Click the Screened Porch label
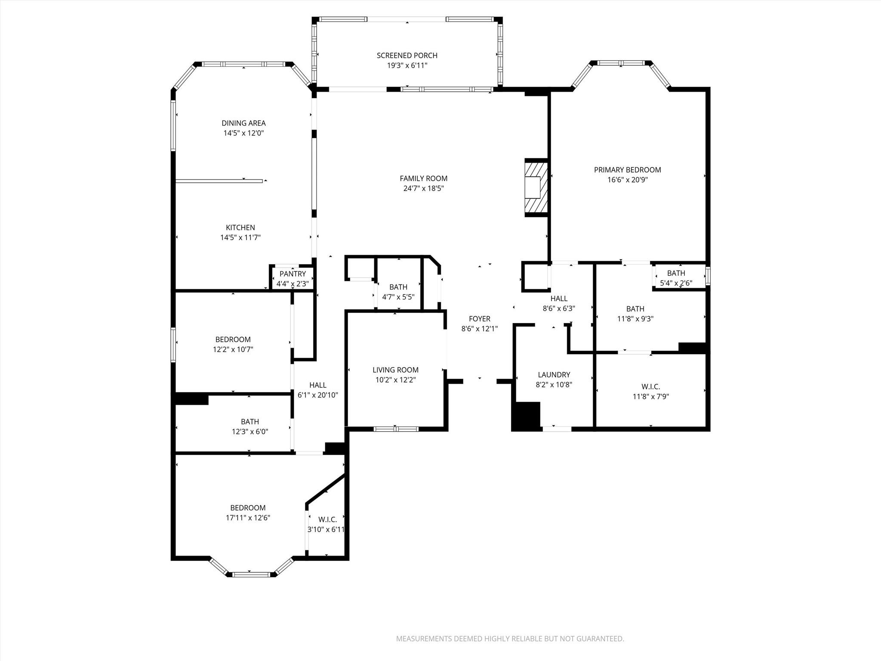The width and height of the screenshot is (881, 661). pos(407,56)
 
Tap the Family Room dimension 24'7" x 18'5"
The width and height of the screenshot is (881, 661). pos(423,188)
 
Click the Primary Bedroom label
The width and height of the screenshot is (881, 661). pos(627,170)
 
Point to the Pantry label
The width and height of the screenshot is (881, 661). pos(293,274)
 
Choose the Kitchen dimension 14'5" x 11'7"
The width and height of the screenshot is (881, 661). pos(240,238)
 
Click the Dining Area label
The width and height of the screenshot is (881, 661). pos(243,123)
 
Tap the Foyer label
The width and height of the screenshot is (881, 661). pos(479,319)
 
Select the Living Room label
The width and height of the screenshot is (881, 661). pos(395,370)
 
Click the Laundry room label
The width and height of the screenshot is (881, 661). pos(554,375)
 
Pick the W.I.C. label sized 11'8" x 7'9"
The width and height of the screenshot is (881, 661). pos(650,387)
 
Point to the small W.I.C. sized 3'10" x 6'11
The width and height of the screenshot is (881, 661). pos(327,520)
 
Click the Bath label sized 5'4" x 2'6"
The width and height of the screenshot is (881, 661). pos(676,273)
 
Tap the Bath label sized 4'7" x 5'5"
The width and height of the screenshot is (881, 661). pos(398,287)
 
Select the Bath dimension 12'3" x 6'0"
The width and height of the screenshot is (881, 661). pos(250,432)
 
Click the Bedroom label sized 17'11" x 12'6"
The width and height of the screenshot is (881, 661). pos(248,508)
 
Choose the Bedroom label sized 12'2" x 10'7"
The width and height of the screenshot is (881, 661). pos(233,340)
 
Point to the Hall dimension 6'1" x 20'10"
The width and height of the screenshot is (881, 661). pos(317,395)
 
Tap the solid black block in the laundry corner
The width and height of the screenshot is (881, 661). pos(526,416)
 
